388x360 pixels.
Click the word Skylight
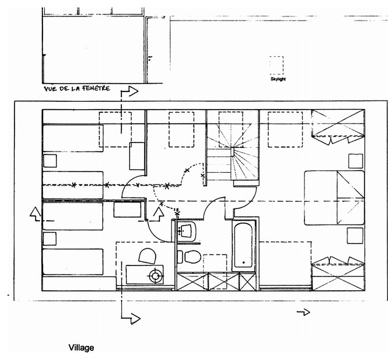[x=278, y=79]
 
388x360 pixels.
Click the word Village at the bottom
[x=81, y=348]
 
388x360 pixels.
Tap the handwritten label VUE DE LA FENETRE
[x=77, y=88]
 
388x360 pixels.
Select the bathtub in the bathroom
[x=244, y=245]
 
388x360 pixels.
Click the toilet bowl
[x=190, y=256]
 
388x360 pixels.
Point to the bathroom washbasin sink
[x=187, y=230]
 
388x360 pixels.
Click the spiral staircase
[x=233, y=158]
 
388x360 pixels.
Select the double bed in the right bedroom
[x=334, y=198]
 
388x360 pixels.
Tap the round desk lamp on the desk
[x=156, y=275]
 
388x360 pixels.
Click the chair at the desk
[x=147, y=256]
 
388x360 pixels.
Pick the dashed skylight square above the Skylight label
[x=276, y=65]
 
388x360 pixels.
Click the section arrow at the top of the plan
[x=129, y=92]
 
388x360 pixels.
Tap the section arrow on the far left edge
[x=35, y=215]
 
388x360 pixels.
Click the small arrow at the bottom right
[x=303, y=312]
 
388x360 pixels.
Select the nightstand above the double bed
[x=356, y=161]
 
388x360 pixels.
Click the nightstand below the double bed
[x=355, y=236]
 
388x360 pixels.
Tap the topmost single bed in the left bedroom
[x=73, y=138]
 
